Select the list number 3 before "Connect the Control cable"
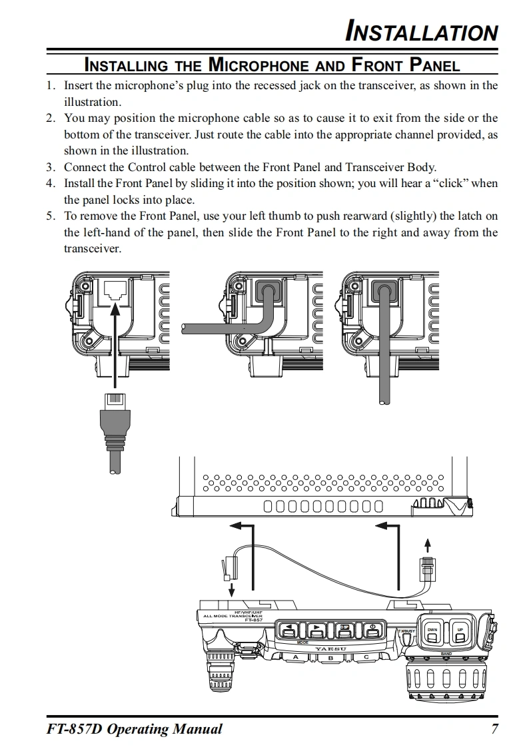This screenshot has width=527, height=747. pyautogui.click(x=50, y=167)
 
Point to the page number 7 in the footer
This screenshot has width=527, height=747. pyautogui.click(x=494, y=728)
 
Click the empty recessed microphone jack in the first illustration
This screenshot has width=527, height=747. pyautogui.click(x=115, y=292)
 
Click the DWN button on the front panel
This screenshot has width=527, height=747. pyautogui.click(x=432, y=632)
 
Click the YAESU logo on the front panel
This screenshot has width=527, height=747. pyautogui.click(x=330, y=648)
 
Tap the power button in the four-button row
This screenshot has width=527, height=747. pyautogui.click(x=374, y=630)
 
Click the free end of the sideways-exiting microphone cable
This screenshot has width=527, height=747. pyautogui.click(x=183, y=328)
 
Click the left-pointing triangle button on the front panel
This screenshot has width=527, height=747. pyautogui.click(x=288, y=630)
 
